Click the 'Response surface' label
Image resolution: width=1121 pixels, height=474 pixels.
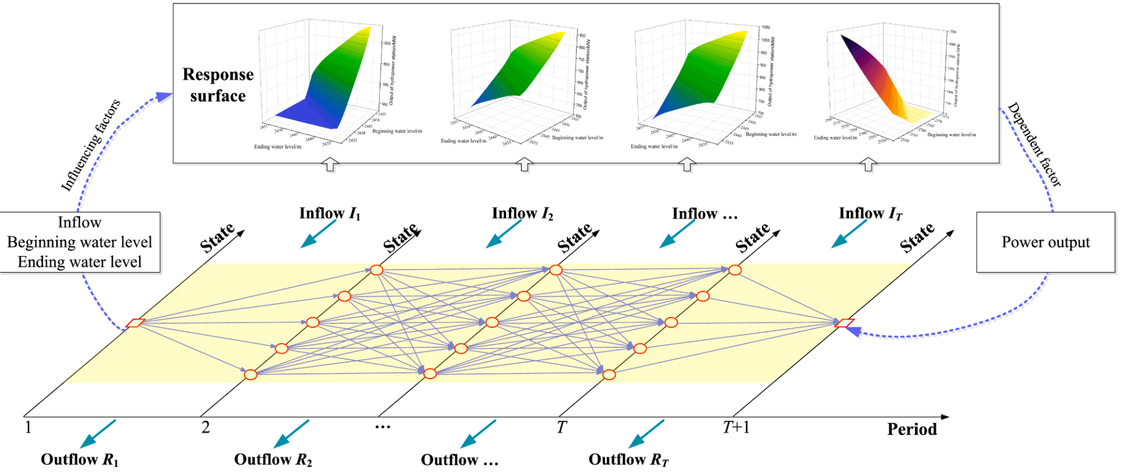217,85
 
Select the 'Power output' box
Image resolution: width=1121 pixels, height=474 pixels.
1045,242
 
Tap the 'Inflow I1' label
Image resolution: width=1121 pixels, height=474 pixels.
329,213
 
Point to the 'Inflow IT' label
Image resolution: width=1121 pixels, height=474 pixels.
870,213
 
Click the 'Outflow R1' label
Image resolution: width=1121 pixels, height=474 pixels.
79,459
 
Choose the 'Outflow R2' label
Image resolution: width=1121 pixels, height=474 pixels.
273,459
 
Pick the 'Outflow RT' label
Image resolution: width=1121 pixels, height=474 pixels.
628,459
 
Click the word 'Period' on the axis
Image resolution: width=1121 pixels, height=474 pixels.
911,429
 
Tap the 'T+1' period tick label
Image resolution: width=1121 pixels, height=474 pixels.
736,427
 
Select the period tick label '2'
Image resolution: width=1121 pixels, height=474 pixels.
206,427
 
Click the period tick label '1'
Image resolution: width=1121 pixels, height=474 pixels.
28,427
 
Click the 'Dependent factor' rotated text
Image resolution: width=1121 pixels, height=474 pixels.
1034,145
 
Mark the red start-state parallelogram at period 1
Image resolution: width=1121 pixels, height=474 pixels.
135,323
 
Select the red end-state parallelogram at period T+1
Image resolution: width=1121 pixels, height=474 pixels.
844,323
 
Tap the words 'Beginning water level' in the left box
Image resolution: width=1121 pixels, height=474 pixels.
79,242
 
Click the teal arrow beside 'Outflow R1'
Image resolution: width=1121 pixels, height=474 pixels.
98,433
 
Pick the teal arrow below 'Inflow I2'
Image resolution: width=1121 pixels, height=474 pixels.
504,233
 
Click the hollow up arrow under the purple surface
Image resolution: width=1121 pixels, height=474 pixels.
868,164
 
